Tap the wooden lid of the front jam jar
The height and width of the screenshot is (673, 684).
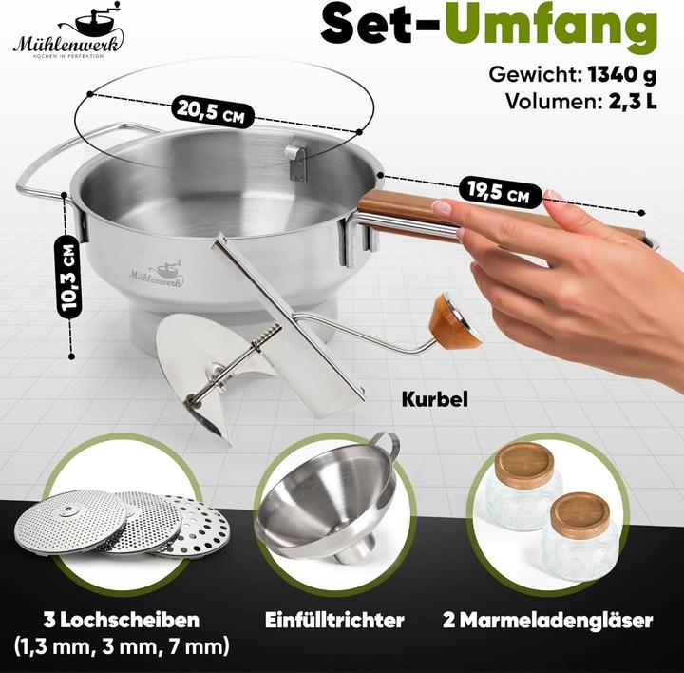click(579, 515)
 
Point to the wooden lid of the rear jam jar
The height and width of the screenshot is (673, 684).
click(525, 465)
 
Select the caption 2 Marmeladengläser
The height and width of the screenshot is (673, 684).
click(548, 621)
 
